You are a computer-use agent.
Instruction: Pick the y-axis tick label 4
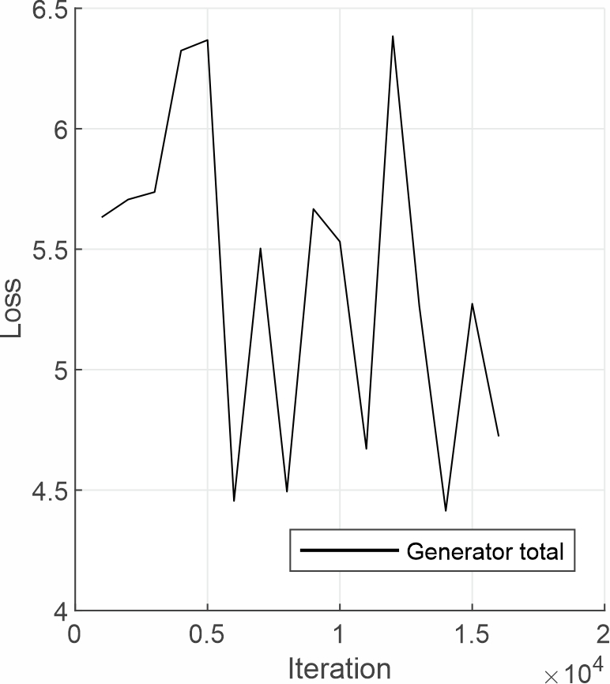tap(57, 611)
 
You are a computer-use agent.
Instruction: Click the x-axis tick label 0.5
tap(207, 636)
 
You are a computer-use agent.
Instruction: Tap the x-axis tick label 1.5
tap(472, 636)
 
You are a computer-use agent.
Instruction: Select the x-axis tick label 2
tap(604, 636)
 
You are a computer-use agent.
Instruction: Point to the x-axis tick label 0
tap(75, 636)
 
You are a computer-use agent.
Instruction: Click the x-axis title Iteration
tap(340, 668)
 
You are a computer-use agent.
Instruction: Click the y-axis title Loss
tap(13, 310)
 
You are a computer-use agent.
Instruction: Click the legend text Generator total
tap(485, 551)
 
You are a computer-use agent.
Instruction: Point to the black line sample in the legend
tap(348, 551)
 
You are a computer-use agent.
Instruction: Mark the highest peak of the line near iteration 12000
tap(393, 36)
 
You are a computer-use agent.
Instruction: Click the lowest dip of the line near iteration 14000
tap(446, 511)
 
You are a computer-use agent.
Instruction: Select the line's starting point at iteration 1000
tap(102, 217)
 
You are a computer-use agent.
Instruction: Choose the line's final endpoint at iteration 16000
tap(499, 436)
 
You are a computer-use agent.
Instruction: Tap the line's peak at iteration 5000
tap(208, 39)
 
